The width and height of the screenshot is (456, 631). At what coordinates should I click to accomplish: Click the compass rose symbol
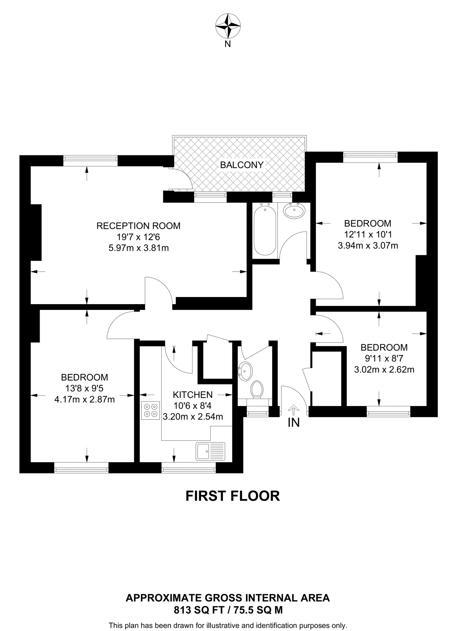click(228, 26)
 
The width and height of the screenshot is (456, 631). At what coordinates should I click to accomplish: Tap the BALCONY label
click(242, 165)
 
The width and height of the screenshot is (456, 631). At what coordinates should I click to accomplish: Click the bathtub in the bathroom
click(265, 230)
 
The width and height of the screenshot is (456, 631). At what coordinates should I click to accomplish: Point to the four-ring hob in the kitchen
click(150, 410)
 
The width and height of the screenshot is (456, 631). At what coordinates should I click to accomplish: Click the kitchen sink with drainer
click(210, 451)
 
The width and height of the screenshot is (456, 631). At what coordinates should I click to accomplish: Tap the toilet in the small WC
click(257, 389)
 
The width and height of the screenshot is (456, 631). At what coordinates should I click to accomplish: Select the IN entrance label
click(294, 423)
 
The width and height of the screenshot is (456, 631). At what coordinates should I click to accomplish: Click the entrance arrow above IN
click(294, 410)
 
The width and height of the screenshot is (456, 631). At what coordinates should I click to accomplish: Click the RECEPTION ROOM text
click(138, 226)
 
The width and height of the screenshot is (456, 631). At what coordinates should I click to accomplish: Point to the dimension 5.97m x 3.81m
click(138, 248)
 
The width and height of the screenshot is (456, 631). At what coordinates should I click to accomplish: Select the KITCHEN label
click(193, 395)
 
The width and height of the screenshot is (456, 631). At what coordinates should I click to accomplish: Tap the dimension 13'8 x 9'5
click(84, 388)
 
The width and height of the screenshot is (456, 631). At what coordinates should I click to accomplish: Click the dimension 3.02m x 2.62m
click(384, 369)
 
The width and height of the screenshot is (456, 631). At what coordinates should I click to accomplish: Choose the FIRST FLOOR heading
click(232, 496)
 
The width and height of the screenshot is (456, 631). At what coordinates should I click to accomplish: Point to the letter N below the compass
click(228, 44)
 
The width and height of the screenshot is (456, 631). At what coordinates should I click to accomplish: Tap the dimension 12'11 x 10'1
click(368, 234)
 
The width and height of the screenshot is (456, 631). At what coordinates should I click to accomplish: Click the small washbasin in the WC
click(246, 371)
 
